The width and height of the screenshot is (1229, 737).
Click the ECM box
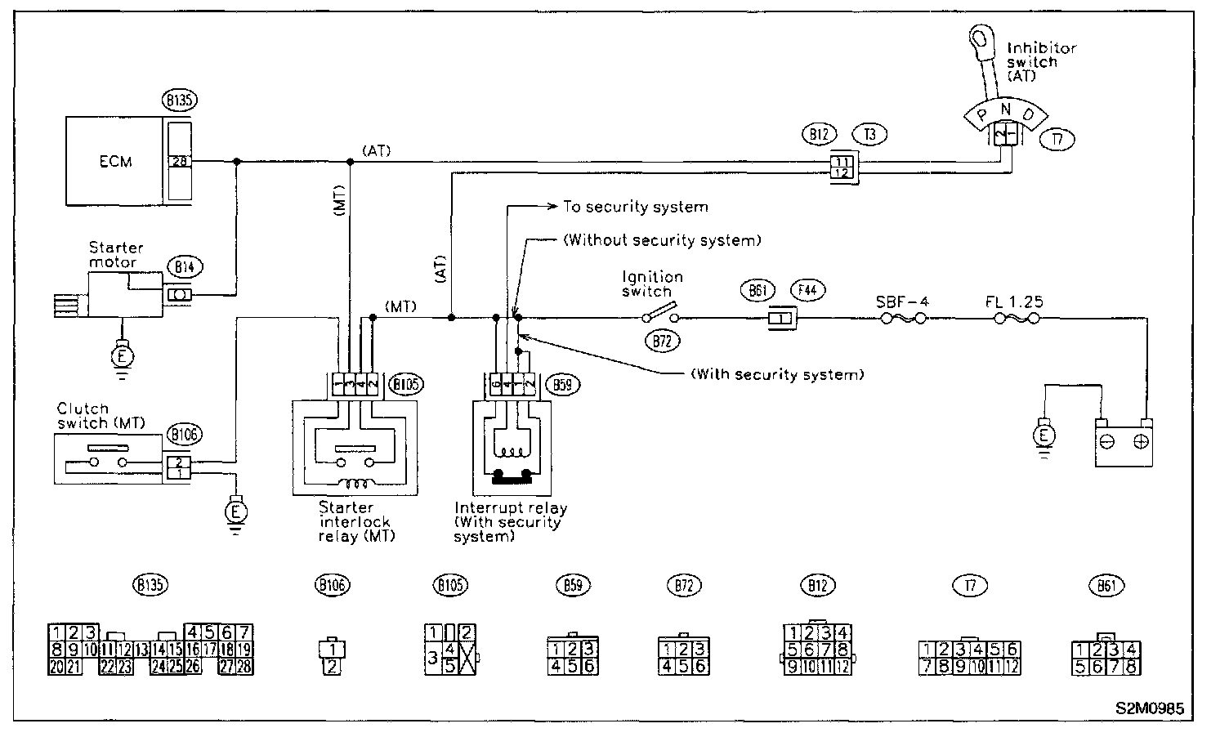[x=115, y=161]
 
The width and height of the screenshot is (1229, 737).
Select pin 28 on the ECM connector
[x=179, y=162]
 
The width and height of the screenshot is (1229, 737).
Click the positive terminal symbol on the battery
[x=1142, y=441]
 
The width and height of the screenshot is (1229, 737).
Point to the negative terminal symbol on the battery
[x=1109, y=441]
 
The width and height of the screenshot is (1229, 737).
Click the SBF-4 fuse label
[x=902, y=301]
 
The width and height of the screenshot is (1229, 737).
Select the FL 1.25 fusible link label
[x=1014, y=301]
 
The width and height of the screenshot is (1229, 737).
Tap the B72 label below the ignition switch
[x=663, y=342]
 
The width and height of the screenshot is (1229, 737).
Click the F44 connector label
[x=808, y=290]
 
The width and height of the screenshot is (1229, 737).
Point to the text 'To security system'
[x=635, y=207]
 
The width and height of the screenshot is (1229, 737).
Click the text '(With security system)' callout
[x=776, y=375]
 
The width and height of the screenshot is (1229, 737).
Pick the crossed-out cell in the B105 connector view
[x=466, y=658]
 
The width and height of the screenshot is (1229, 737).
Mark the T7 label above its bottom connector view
[x=970, y=585]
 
